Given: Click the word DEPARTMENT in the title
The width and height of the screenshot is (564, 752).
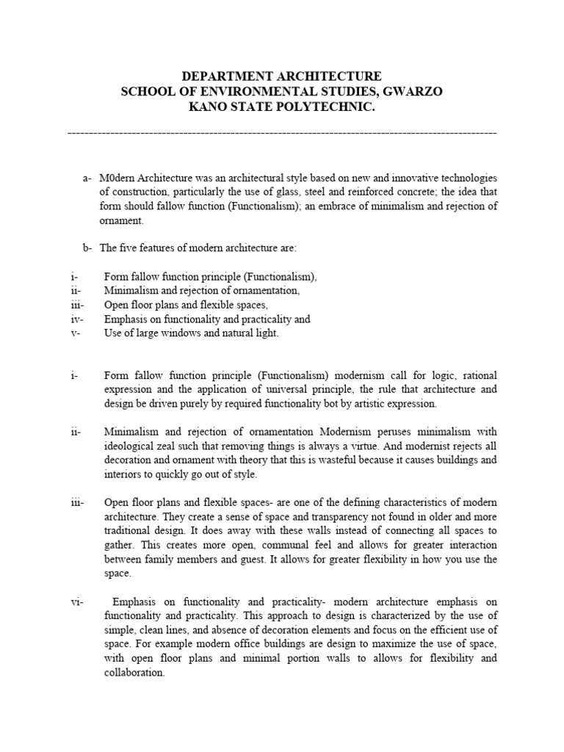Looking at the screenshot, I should (223, 76).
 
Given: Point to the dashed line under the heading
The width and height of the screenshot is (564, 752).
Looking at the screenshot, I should (282, 133).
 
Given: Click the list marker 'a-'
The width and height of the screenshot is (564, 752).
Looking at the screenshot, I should (87, 178).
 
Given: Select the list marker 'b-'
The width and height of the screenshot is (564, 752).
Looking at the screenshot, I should (87, 248).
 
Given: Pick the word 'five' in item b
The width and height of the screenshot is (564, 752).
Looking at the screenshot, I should (128, 248).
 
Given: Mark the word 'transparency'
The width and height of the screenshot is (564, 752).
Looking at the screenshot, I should (308, 516).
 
